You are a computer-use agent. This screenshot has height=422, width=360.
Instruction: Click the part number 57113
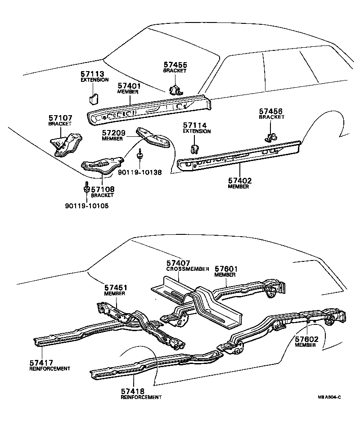tap(92, 74)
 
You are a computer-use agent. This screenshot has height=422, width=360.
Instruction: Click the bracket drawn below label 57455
tap(175, 89)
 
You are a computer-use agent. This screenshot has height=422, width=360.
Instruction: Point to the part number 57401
tap(129, 85)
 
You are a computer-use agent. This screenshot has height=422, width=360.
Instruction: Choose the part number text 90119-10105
tap(87, 206)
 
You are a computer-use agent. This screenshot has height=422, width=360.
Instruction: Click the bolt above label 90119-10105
tap(85, 188)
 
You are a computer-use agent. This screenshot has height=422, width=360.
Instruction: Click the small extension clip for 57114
tap(195, 150)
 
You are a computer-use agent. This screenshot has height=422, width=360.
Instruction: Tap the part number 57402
tap(239, 180)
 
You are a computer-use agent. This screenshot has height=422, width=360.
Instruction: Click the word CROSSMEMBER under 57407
tap(187, 269)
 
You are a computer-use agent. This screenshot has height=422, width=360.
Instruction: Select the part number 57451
tap(116, 287)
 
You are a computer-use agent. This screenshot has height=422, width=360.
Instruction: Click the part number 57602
tap(307, 339)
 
